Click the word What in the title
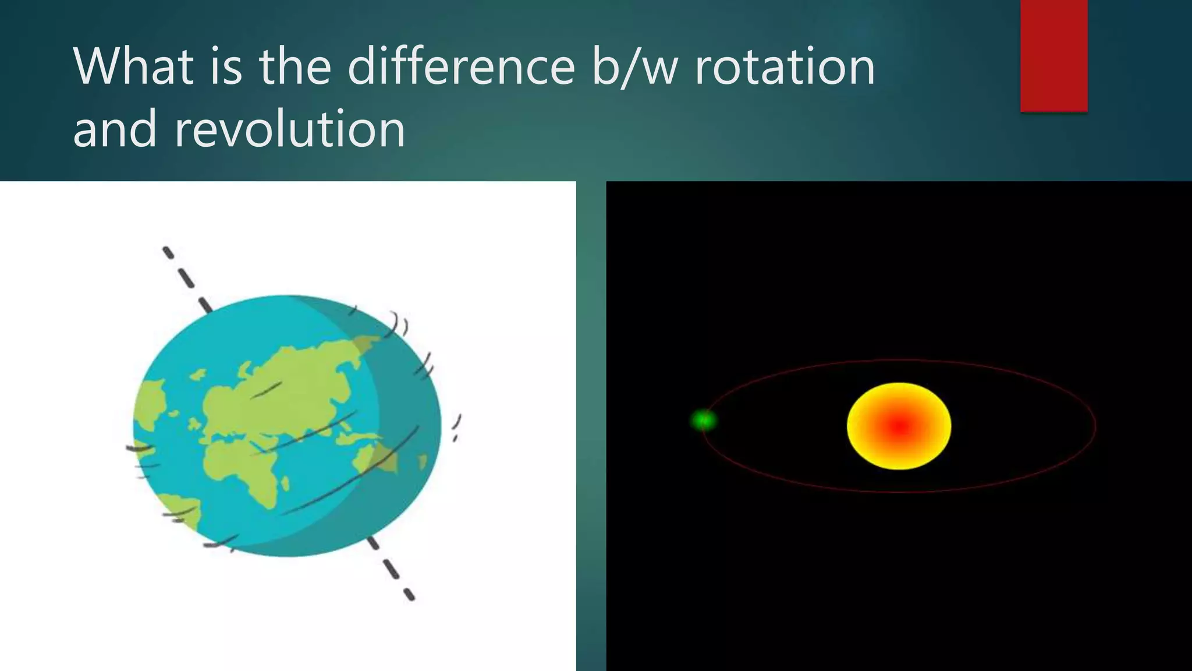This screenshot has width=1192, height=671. (133, 66)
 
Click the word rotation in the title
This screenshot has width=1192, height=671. (785, 66)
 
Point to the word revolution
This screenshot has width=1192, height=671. (289, 129)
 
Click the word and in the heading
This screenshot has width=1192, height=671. (115, 129)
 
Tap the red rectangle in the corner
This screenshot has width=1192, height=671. (1053, 55)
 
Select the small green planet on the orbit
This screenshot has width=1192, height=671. (703, 419)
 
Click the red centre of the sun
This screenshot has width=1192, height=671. (899, 428)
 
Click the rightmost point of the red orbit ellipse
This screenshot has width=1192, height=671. (1095, 426)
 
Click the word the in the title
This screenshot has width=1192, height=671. (295, 66)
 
